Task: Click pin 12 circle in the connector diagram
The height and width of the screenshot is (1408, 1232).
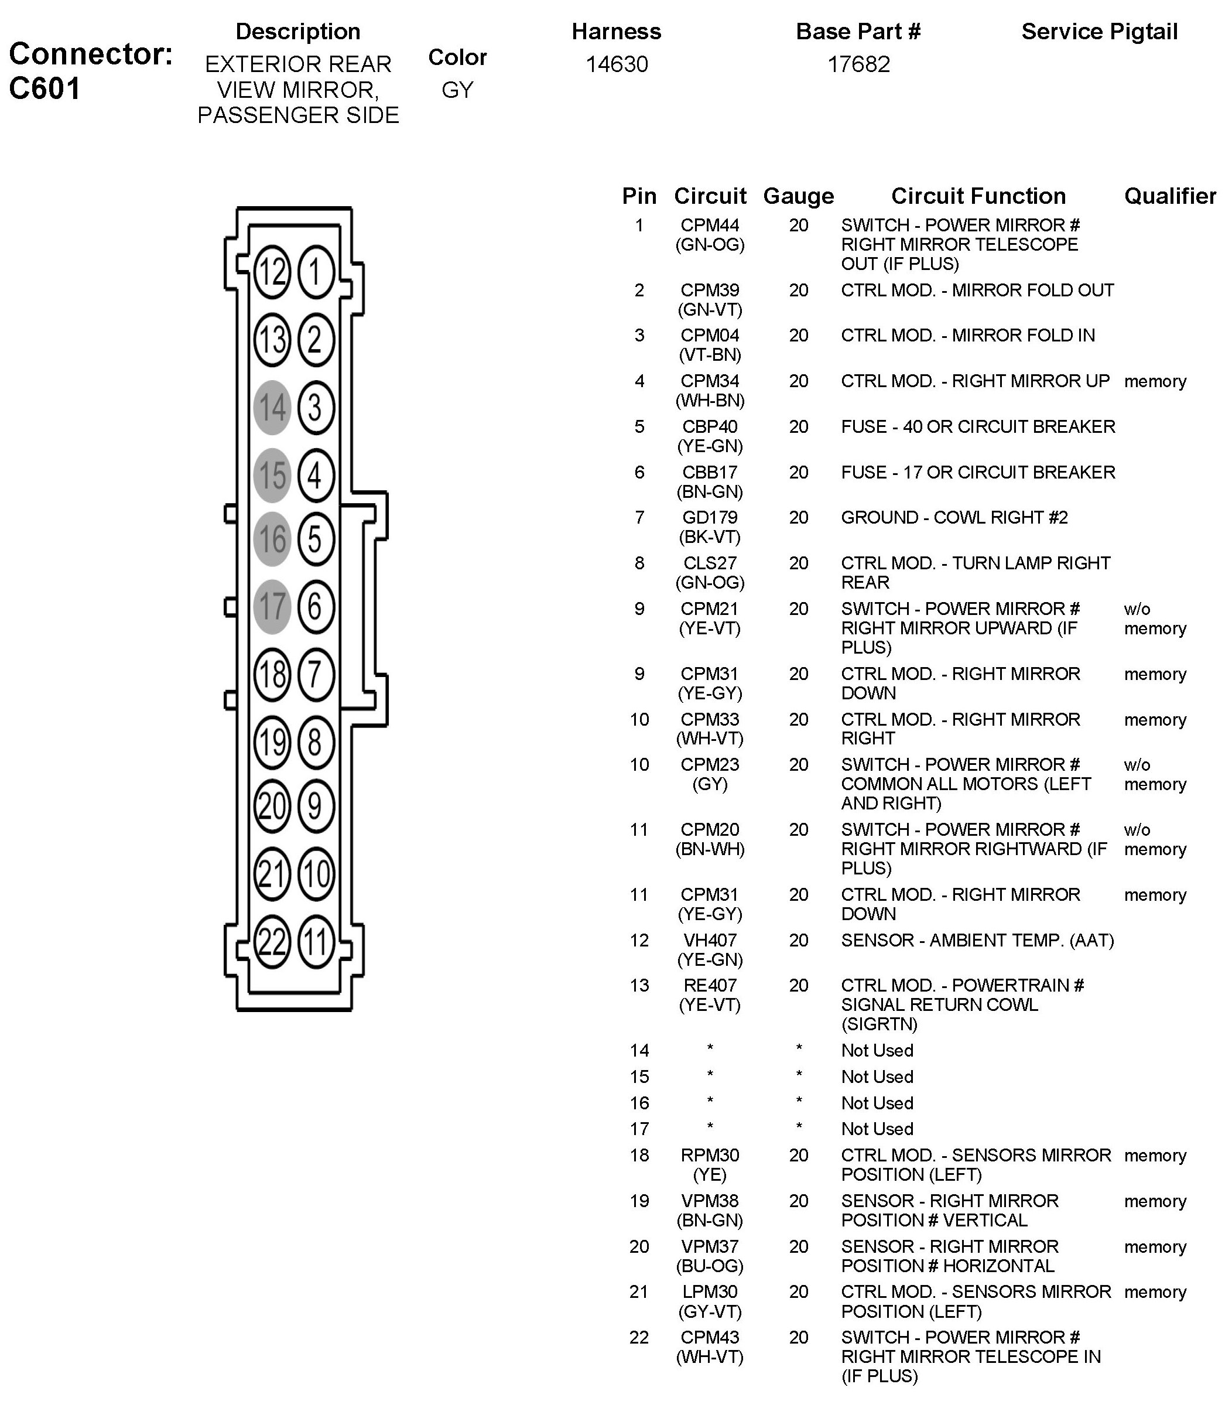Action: pos(272,272)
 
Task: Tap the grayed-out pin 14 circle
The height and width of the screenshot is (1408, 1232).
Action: pos(272,408)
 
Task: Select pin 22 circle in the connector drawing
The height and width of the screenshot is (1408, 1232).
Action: pos(272,941)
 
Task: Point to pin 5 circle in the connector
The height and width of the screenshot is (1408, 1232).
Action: pos(316,539)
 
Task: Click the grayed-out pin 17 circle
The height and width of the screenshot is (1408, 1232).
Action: pos(272,606)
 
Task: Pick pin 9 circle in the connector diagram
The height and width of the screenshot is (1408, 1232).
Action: pos(316,806)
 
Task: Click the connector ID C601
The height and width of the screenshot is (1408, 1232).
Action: pos(45,88)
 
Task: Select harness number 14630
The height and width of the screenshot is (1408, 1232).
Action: pos(617,64)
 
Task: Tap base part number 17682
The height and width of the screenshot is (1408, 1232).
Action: pos(858,64)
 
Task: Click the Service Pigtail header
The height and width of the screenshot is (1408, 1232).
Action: pos(1099,32)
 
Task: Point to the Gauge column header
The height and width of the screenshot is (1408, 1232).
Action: pos(798,196)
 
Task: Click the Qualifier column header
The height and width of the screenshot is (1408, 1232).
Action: pos(1169,196)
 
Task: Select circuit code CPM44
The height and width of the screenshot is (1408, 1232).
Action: pos(710,225)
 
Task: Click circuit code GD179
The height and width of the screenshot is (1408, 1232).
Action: pos(710,517)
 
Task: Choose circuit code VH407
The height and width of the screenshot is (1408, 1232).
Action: pos(710,940)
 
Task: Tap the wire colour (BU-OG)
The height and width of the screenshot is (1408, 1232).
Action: pos(710,1266)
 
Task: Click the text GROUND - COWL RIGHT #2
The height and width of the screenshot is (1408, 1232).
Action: pos(954,517)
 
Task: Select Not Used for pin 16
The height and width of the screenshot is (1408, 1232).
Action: pos(877,1103)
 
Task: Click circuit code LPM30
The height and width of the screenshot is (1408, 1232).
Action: pos(710,1292)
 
